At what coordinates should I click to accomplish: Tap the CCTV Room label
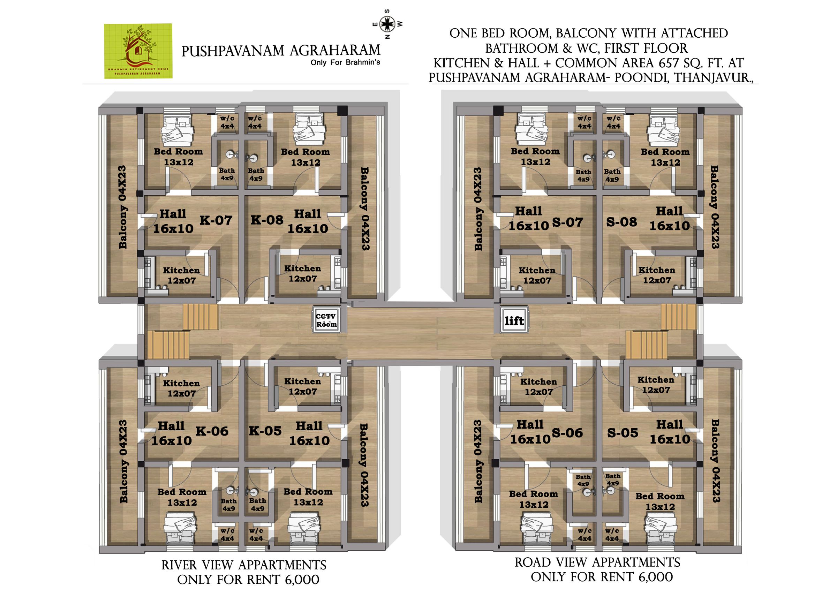click(326, 320)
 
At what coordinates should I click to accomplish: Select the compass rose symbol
click(387, 24)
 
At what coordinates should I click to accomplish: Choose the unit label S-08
click(621, 222)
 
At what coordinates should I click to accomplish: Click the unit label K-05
click(265, 431)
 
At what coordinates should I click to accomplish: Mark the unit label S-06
click(567, 433)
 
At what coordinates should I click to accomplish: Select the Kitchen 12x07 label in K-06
click(181, 388)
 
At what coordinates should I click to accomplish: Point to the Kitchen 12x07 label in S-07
click(537, 275)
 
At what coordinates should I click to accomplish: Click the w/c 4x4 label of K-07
click(227, 122)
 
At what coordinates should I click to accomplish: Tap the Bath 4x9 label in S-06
click(583, 480)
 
